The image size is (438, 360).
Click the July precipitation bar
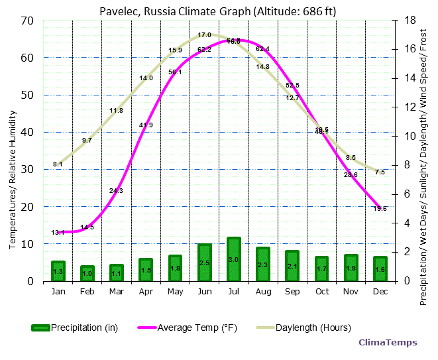(x=234, y=259)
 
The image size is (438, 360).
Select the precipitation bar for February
(x=87, y=273)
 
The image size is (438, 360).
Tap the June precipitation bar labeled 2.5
(x=205, y=263)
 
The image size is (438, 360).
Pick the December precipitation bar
(x=380, y=269)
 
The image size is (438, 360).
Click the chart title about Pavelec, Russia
(x=217, y=11)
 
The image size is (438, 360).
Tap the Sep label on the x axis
(x=292, y=292)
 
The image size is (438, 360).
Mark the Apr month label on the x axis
(x=146, y=292)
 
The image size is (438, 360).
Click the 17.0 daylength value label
(x=205, y=35)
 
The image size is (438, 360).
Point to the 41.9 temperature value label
(x=146, y=125)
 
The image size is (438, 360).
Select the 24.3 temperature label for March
(x=116, y=190)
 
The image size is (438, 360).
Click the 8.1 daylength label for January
(x=58, y=164)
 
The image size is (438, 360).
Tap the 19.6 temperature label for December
(x=380, y=208)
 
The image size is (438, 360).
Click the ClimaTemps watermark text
(x=388, y=343)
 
